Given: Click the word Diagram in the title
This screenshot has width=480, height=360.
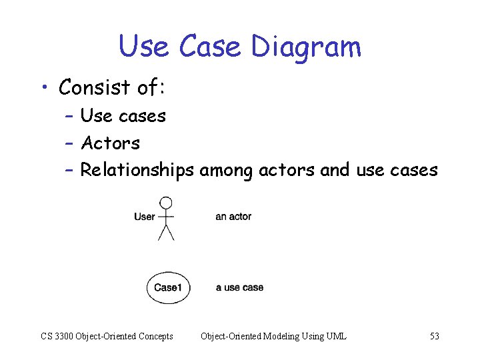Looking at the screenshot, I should [306, 47].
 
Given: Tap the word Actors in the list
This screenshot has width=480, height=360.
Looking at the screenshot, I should [110, 143].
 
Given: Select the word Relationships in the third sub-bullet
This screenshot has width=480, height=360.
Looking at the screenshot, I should [137, 171].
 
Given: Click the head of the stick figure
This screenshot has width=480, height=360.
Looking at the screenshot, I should [166, 203].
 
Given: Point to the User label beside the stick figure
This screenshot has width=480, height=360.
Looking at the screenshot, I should [144, 217].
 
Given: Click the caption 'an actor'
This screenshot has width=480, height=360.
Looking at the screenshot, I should [233, 217].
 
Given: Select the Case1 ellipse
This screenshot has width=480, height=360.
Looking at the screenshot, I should [168, 288].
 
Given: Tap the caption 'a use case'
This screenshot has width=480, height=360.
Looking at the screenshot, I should [239, 288].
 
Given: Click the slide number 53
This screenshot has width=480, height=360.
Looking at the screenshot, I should [434, 336].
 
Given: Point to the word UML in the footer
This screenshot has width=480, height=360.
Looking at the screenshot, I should [336, 336].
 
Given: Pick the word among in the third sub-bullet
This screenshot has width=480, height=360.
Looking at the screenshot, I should [226, 171].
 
